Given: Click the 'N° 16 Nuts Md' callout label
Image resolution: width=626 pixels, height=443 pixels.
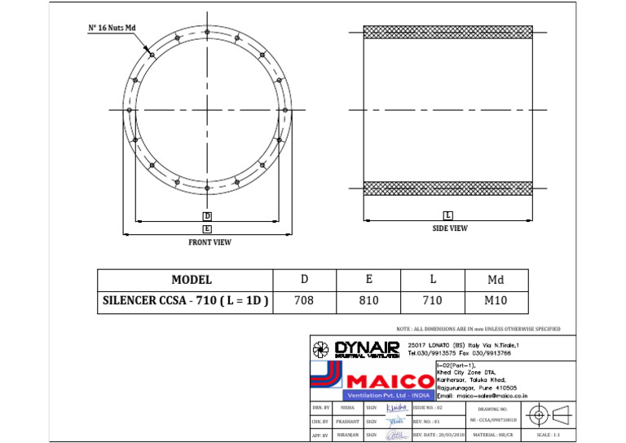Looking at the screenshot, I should pos(112,28).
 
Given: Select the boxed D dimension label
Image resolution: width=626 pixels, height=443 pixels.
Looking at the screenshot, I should pos(207,216).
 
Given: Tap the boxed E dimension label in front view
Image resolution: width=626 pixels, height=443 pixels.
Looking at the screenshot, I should pos(207,230).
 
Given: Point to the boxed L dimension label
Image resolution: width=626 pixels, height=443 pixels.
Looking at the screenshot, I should pos(448,215).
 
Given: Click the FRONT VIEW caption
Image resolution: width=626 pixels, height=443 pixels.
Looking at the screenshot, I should pos(209,242).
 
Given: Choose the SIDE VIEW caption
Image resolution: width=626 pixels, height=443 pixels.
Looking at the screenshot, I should pos(449,228).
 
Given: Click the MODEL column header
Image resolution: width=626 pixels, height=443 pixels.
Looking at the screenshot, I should pos(191,280).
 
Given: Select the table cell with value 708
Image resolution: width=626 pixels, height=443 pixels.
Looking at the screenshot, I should pos(303,301).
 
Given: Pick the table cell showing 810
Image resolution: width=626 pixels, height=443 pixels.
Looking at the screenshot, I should pos(368,301).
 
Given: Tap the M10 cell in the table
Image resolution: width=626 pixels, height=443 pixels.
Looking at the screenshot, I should pos(496,301).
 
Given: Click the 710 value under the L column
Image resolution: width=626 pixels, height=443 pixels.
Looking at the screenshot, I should pos(432,301).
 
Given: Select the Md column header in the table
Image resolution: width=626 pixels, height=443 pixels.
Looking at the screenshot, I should pos(496,280).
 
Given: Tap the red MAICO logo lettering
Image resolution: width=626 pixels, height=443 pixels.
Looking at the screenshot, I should pos(390,382).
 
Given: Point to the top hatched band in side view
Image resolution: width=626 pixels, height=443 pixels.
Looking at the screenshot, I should pos(447,32).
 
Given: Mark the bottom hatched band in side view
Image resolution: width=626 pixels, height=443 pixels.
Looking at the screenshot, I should pos(447,188).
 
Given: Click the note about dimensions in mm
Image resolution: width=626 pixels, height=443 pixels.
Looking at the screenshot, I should pos(478,329).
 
